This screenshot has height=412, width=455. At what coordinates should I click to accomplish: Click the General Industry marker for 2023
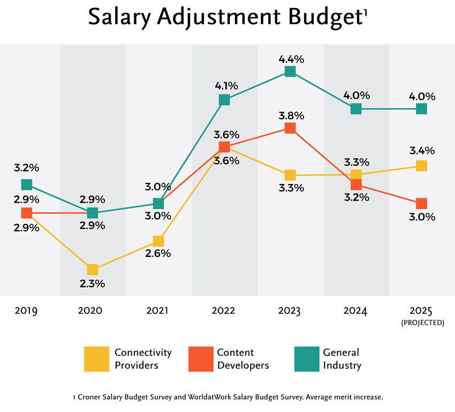[x=290, y=71]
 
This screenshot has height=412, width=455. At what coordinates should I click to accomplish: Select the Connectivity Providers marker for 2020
[x=93, y=269]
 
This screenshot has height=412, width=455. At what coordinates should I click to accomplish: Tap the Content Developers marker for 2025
[x=421, y=203]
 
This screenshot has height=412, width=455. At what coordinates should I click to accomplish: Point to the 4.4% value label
[x=290, y=55]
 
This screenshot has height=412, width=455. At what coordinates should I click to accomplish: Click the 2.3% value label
[x=93, y=283]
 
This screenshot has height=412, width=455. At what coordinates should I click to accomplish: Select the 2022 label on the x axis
[x=224, y=311]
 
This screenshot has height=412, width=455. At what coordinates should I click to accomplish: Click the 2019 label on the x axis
[x=26, y=311]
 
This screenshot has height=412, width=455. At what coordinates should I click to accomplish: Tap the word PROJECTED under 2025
[x=421, y=323]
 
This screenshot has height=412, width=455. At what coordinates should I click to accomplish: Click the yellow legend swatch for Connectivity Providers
[x=97, y=359]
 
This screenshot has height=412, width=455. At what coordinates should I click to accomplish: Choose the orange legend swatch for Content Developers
[x=201, y=359]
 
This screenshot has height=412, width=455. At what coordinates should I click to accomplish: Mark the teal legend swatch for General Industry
[x=306, y=359]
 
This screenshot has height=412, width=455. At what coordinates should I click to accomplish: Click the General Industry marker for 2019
[x=27, y=185]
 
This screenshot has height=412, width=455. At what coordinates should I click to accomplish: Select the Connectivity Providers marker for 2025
[x=421, y=166]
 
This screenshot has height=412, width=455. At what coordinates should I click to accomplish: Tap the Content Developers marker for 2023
[x=290, y=128]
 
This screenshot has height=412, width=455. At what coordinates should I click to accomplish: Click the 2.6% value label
[x=158, y=254]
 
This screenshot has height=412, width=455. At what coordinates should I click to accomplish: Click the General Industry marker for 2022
[x=224, y=100]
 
